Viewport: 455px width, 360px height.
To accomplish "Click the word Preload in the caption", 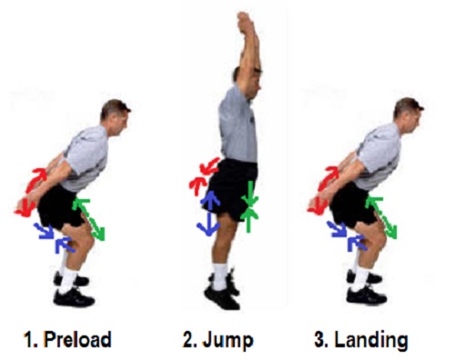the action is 78,339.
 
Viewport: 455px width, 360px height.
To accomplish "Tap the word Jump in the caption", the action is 228,341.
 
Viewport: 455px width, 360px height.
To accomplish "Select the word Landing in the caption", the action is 371,341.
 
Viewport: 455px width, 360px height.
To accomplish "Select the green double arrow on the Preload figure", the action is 89,219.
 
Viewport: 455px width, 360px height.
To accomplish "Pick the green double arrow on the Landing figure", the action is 381,217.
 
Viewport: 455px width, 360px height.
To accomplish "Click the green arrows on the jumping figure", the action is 249,206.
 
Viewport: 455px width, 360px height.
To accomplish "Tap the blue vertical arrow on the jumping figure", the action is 209,214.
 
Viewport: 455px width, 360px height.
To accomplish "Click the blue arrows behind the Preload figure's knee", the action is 55,238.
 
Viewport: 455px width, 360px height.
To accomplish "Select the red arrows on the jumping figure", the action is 203,176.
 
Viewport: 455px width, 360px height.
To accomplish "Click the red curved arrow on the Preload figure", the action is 29,192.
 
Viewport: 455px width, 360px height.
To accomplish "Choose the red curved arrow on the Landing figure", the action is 321,190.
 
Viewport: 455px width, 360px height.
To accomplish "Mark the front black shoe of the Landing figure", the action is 367,295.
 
